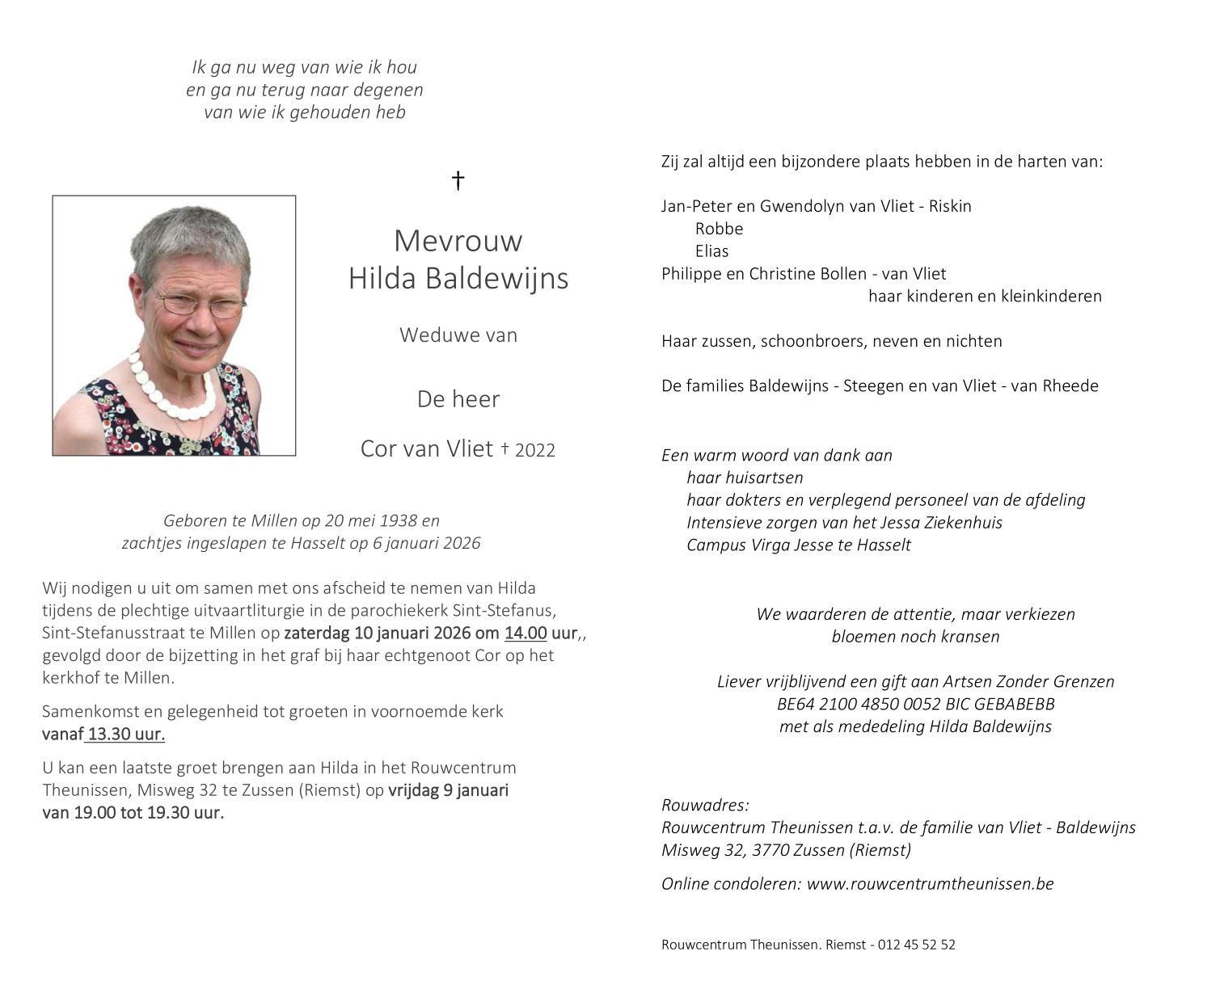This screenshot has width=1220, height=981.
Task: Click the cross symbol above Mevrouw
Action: click(458, 180)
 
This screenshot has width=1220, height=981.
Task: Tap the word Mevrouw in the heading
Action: click(458, 241)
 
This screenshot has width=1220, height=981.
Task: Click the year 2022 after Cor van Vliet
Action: click(534, 451)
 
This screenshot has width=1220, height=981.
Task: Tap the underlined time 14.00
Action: click(526, 633)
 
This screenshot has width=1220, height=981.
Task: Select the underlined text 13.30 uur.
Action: click(126, 735)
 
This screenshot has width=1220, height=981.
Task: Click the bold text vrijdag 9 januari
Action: click(448, 790)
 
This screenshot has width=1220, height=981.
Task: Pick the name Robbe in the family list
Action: click(719, 229)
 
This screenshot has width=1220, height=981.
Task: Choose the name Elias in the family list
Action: click(711, 251)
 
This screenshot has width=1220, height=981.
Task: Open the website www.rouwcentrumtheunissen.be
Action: click(930, 884)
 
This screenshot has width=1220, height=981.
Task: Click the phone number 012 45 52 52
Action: click(916, 945)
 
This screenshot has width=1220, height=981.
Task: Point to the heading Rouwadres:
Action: click(705, 805)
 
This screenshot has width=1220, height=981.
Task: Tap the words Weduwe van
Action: click(458, 335)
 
